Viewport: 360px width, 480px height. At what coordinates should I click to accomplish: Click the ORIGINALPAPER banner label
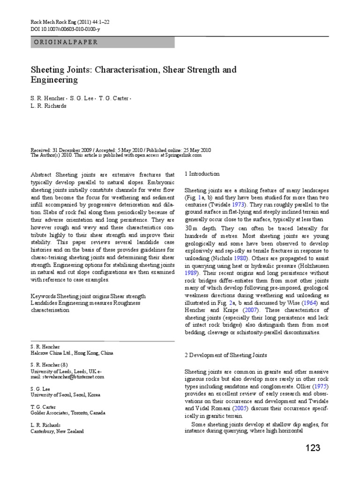pos(66,42)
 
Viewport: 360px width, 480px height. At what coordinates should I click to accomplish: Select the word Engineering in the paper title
pos(54,80)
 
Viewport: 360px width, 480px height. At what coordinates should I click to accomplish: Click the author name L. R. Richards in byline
pos(48,106)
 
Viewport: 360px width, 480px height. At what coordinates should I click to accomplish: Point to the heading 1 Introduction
pos(202,174)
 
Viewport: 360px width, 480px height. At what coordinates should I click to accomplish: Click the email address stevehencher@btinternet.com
pos(67,376)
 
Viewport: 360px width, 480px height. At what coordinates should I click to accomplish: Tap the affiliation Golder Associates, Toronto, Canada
pos(68,413)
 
